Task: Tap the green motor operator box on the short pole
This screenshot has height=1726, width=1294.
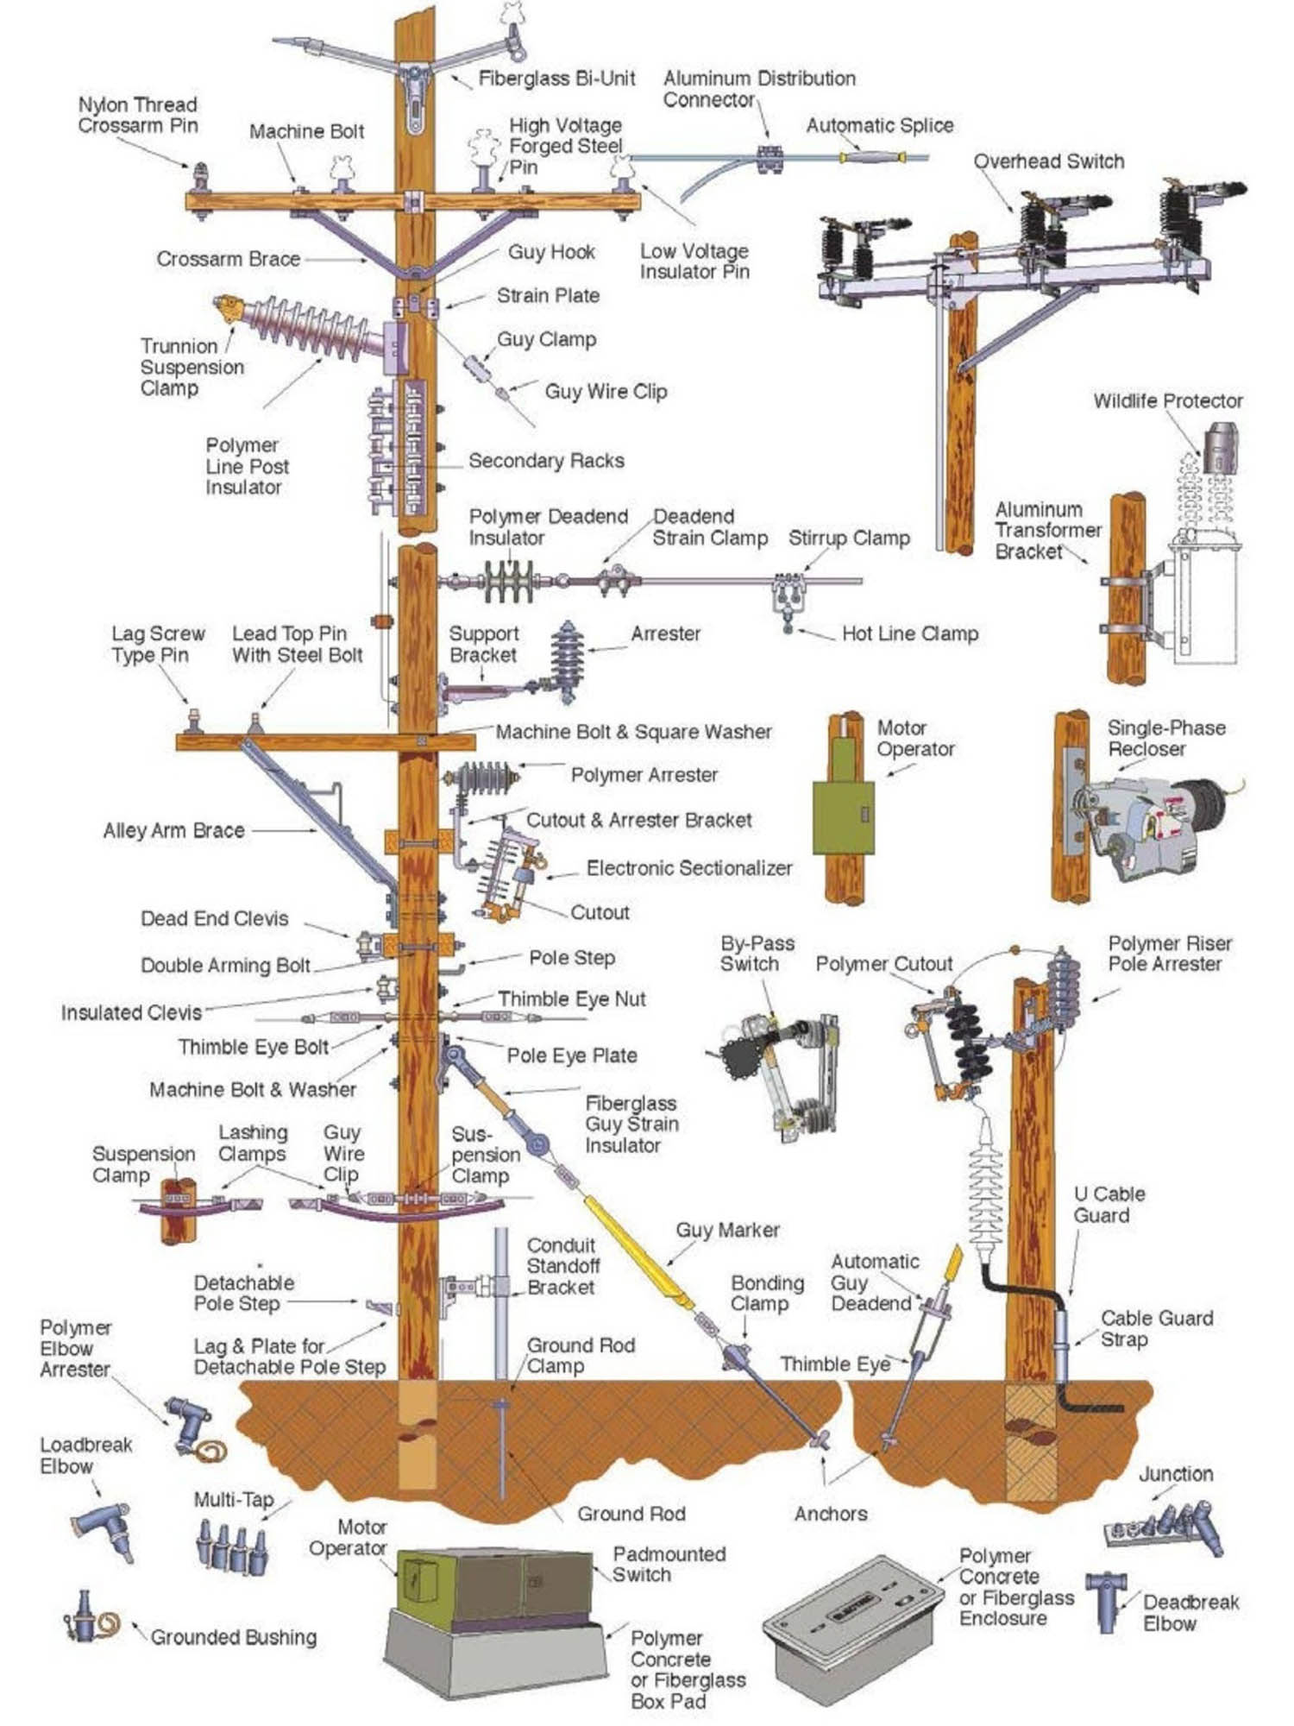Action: [x=845, y=816]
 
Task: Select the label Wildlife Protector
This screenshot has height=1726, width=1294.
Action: [x=1167, y=401]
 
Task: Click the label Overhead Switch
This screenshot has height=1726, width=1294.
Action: [x=1048, y=161]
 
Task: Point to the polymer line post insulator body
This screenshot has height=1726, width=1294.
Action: [x=311, y=328]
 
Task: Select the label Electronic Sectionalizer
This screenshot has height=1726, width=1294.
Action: [x=688, y=868]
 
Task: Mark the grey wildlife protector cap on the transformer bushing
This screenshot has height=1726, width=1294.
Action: [x=1220, y=448]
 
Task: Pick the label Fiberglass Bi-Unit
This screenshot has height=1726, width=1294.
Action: [x=556, y=79]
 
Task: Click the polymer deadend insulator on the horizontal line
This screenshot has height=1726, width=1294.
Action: [x=509, y=583]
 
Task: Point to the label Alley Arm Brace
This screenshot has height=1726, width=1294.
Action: [x=173, y=830]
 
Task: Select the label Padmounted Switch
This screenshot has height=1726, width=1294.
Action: [x=669, y=1564]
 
